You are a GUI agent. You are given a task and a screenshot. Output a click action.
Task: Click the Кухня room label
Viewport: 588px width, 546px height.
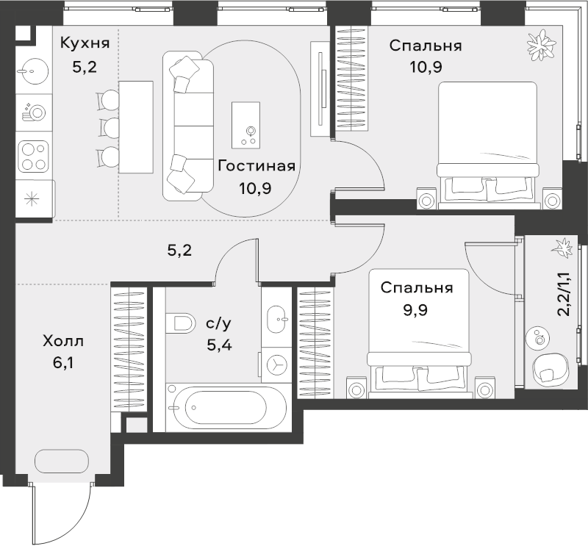[x=85, y=43]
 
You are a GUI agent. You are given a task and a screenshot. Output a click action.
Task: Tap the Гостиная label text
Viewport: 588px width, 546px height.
[x=257, y=166]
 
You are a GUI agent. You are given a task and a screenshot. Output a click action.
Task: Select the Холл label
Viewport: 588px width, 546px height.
[x=63, y=341]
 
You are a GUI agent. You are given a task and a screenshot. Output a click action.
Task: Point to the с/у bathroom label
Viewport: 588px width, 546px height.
[x=219, y=323]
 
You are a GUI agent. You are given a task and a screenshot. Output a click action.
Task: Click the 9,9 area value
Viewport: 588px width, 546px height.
[x=415, y=310]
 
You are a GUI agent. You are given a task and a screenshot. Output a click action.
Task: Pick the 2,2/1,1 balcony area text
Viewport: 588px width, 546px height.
[x=564, y=295]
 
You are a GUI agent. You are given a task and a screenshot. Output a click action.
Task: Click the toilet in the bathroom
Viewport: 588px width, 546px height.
[x=180, y=323]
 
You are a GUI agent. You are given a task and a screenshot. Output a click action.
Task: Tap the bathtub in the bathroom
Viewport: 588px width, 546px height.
[x=226, y=407]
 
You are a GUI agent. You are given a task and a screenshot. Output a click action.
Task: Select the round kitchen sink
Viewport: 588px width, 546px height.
[x=33, y=71]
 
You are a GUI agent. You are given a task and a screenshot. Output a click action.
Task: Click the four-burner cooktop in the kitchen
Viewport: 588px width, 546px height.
[x=34, y=156]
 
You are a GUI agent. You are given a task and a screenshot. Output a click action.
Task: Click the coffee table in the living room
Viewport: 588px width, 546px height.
[x=246, y=125]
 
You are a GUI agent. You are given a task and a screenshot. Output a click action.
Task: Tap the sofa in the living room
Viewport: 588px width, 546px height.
[x=188, y=126]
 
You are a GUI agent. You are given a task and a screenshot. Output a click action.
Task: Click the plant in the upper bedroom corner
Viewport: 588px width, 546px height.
[x=540, y=46]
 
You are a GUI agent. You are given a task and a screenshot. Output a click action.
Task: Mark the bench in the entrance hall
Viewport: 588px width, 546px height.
[x=62, y=462]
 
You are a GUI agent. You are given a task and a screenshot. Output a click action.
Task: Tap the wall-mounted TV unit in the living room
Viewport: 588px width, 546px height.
[x=320, y=88]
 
